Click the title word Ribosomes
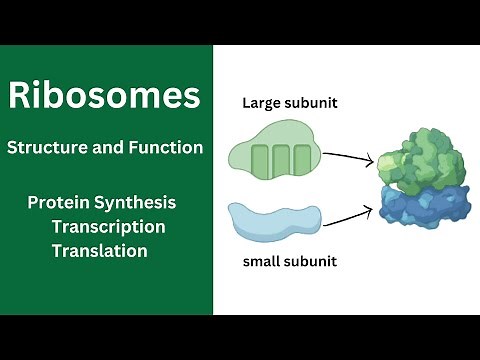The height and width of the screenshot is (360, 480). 105,96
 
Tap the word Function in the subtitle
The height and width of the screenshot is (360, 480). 167,148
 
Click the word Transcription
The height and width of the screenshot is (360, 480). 108,227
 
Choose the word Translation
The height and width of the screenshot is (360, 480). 99,251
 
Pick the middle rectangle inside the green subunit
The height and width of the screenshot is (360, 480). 281,161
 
